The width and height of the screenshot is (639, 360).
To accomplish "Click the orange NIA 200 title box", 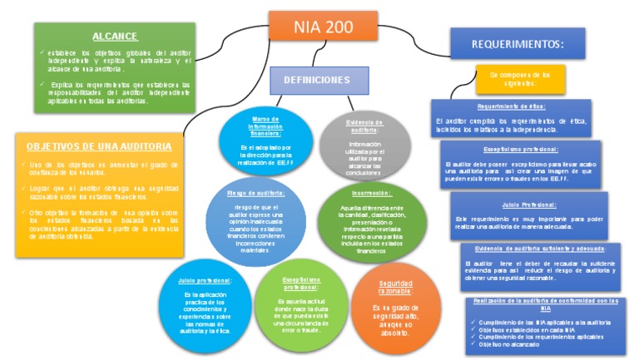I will pos(323,27).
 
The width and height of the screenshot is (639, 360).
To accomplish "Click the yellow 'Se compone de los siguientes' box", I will pos(520,78).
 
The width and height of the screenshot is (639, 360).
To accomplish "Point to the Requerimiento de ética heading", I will pos(511,106).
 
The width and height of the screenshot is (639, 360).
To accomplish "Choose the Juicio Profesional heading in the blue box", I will pos(528,204).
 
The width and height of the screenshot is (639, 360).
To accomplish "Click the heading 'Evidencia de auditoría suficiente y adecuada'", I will pos(542,249).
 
